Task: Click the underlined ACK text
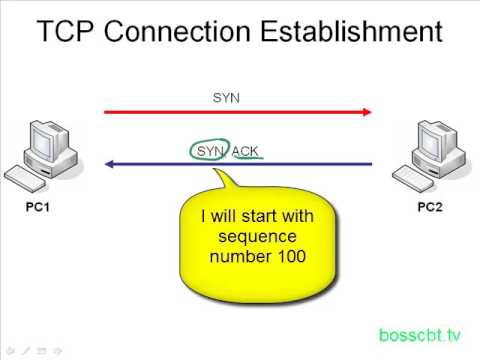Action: pyautogui.click(x=246, y=150)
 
